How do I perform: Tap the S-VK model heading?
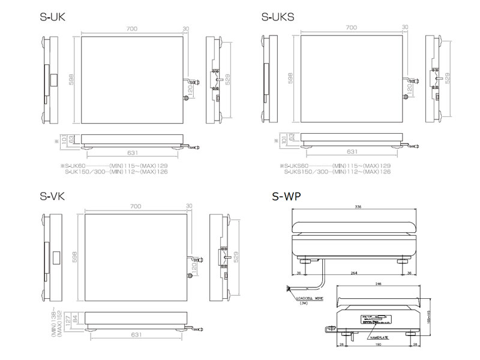pyautogui.click(x=52, y=196)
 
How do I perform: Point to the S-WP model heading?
pyautogui.click(x=286, y=196)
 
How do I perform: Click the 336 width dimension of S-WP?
pyautogui.click(x=358, y=207)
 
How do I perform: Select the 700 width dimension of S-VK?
pyautogui.click(x=136, y=206)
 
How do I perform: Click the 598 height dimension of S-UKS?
pyautogui.click(x=290, y=79)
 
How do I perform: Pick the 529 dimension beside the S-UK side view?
pyautogui.click(x=227, y=79)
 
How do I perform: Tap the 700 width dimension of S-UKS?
pyautogui.click(x=352, y=28)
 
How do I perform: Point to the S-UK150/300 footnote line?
pyautogui.click(x=116, y=172)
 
